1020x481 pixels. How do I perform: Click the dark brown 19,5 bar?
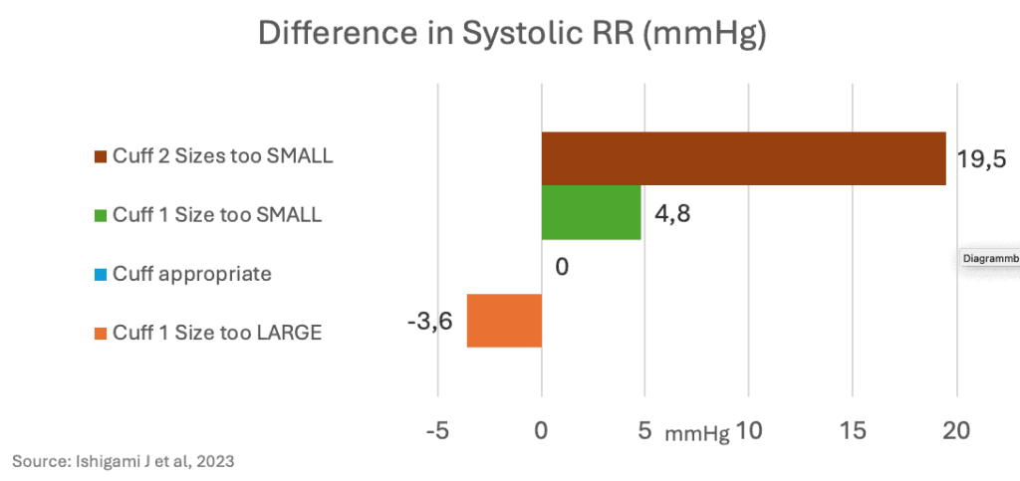tap(743, 158)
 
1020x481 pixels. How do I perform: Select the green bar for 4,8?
tap(591, 212)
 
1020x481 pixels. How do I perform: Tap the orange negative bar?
tap(504, 321)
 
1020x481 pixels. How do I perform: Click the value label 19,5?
tap(981, 160)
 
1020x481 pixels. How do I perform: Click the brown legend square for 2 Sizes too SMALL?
tap(101, 156)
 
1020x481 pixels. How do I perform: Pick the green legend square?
tap(101, 215)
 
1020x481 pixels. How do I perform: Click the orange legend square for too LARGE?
tap(101, 333)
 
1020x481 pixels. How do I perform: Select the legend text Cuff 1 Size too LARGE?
tap(216, 333)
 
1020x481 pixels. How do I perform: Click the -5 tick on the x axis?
tap(435, 431)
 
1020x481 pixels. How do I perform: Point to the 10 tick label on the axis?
tap(749, 431)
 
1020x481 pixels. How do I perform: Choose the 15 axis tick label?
tap(853, 431)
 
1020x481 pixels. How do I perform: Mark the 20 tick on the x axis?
tap(956, 431)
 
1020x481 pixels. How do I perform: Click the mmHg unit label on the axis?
tap(697, 434)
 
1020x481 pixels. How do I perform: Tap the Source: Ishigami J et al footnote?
tap(124, 461)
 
